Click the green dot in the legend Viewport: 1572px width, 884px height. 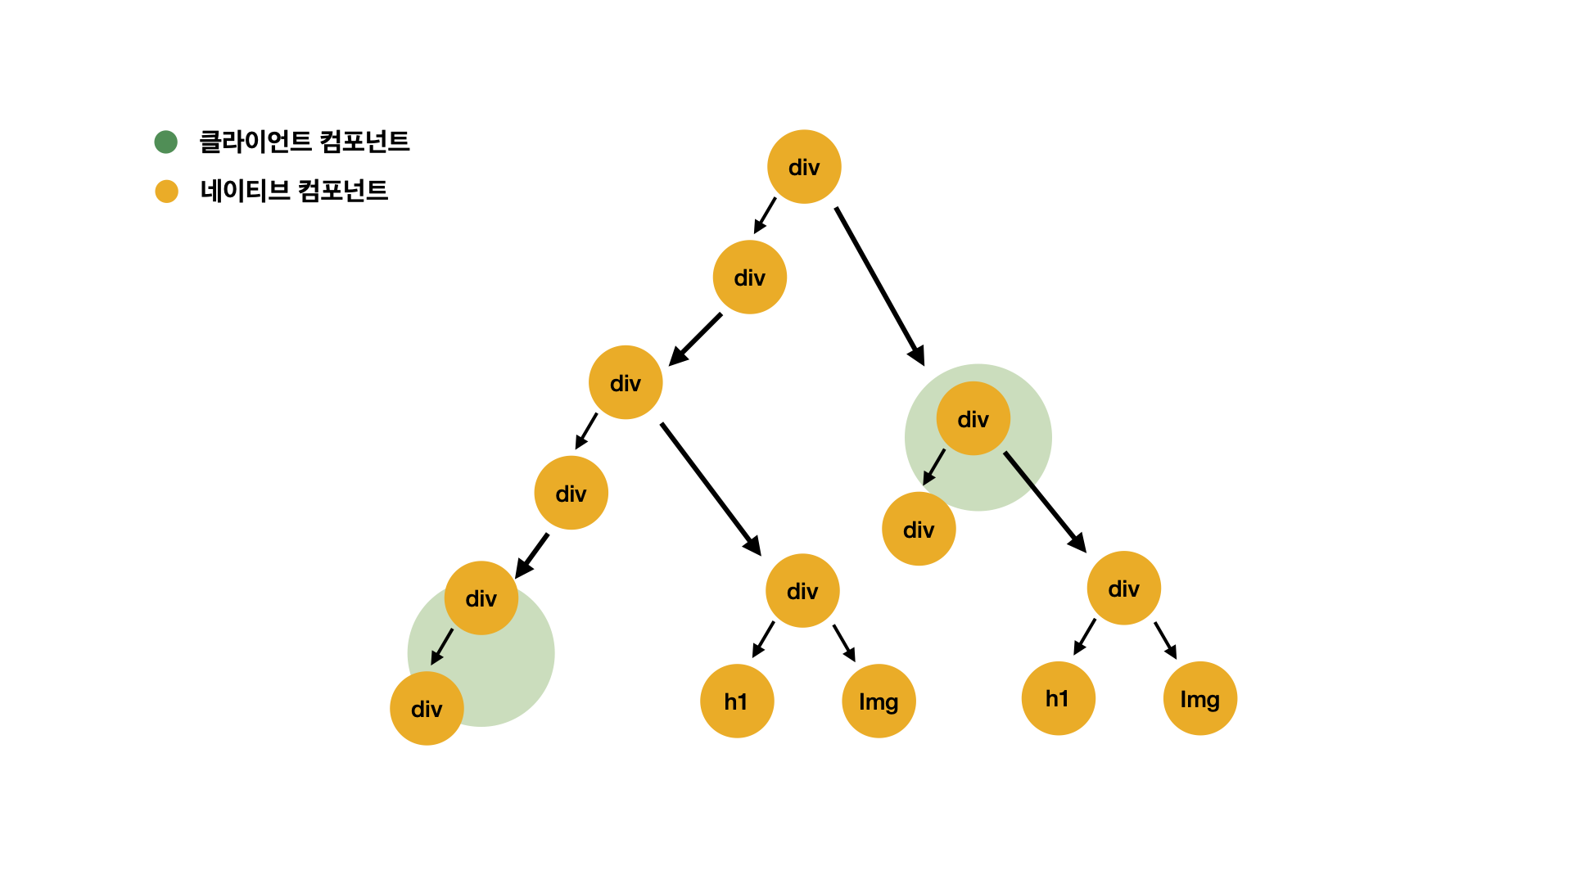point(166,142)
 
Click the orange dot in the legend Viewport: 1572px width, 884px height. point(166,192)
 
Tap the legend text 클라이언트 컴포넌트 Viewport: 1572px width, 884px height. point(304,142)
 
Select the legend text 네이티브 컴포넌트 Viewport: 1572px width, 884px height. point(294,191)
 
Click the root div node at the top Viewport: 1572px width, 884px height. point(804,167)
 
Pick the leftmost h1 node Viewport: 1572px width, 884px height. point(737,701)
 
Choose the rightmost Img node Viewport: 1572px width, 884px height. point(1199,699)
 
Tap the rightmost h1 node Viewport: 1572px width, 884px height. point(1058,699)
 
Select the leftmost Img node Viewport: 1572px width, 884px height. point(879,701)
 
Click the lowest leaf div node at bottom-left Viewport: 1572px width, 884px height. point(427,709)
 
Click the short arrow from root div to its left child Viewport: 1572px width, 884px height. point(765,215)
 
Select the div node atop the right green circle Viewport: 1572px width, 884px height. point(973,419)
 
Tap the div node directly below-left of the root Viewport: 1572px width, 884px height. point(749,277)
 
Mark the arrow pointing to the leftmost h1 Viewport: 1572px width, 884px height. point(763,639)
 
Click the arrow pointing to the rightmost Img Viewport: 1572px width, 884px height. point(1166,641)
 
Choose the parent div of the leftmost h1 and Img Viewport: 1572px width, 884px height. point(802,591)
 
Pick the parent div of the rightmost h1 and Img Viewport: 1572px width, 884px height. point(1123,589)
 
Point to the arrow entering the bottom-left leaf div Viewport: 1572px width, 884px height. point(442,647)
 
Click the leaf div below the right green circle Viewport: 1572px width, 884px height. point(919,530)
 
